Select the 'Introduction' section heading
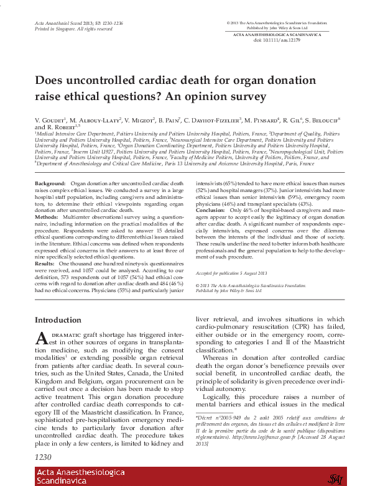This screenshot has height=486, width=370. coord(58,319)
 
